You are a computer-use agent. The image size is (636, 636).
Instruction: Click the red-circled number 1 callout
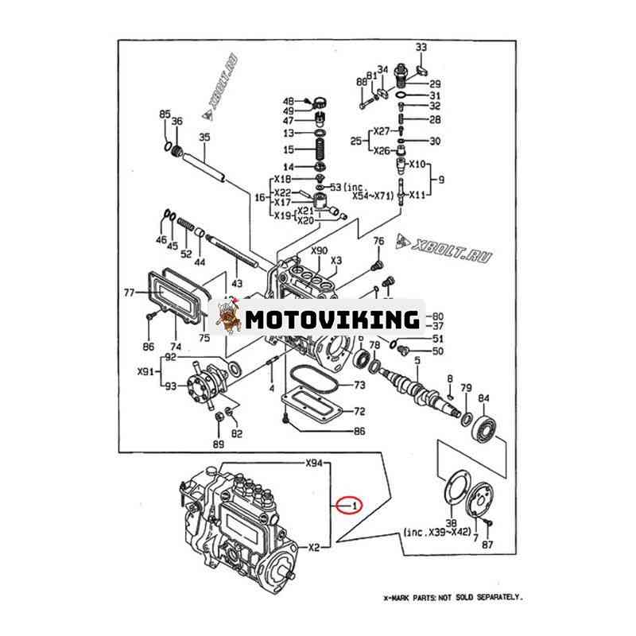pos(350,504)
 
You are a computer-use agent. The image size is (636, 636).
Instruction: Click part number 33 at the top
pos(421,47)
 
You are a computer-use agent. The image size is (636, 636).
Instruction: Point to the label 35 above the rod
pos(204,138)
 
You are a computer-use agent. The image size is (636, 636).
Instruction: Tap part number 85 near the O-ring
pos(165,115)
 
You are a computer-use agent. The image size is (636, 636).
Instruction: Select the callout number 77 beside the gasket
pos(128,293)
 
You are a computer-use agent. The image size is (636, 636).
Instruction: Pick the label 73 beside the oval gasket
pos(359,385)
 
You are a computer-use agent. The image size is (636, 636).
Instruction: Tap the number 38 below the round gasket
pos(452,524)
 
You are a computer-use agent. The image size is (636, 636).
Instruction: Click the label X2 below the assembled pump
pos(314,547)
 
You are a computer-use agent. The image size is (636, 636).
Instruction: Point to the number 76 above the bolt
pos(378,241)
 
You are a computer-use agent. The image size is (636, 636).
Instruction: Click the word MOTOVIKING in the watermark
pos(332,320)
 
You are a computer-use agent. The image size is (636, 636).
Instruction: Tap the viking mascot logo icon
pos(227,319)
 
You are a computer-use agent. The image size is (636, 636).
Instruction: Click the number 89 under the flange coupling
pos(218,444)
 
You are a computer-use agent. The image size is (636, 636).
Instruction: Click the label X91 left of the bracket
pos(145,371)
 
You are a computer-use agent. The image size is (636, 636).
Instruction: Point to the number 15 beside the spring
pos(289,149)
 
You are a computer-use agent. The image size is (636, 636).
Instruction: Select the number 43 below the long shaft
pos(236,283)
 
